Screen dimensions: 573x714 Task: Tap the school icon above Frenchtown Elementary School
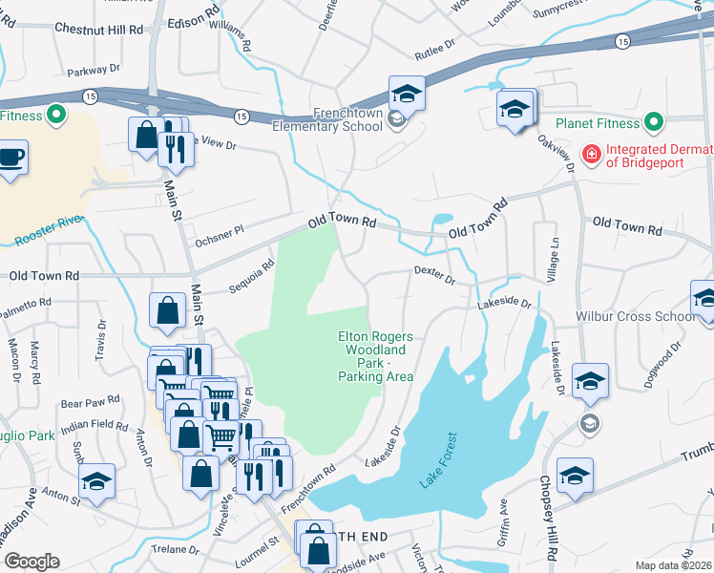[406, 95]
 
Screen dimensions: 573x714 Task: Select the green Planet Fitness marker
[654, 122]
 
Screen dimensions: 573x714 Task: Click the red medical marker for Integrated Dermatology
[592, 152]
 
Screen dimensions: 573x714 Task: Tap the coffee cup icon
[10, 156]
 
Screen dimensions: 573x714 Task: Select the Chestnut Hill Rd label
[92, 30]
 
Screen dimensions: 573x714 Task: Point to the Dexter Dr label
[435, 275]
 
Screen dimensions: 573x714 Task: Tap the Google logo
[31, 562]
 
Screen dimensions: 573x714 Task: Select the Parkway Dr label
[94, 71]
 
